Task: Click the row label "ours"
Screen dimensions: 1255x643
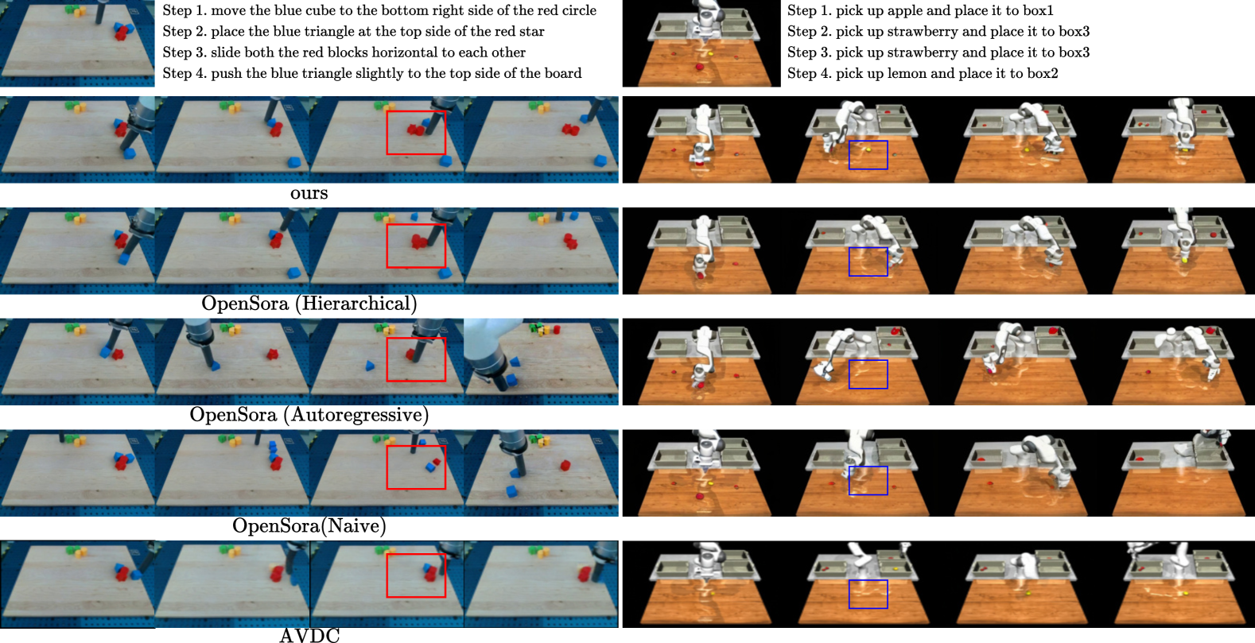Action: pos(309,193)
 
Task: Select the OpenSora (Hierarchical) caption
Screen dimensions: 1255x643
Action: pos(309,304)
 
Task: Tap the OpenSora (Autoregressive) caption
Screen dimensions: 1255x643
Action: pos(309,414)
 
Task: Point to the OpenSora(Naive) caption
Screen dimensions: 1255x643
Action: pos(309,525)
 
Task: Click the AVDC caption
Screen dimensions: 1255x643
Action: pos(309,635)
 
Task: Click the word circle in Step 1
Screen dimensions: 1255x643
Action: pos(578,10)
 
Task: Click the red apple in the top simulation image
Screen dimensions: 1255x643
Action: pos(699,67)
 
